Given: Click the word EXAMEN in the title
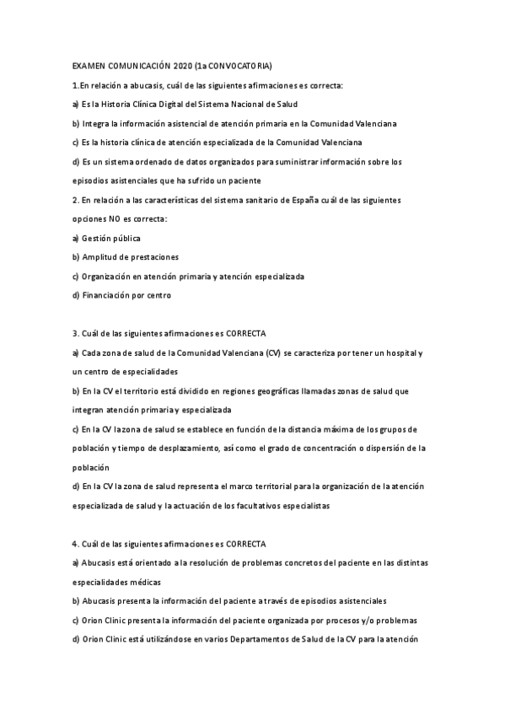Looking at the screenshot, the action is click(87, 66).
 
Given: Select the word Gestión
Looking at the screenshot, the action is click(97, 239).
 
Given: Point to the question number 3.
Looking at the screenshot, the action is click(75, 334).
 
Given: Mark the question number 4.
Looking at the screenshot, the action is click(75, 544).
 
